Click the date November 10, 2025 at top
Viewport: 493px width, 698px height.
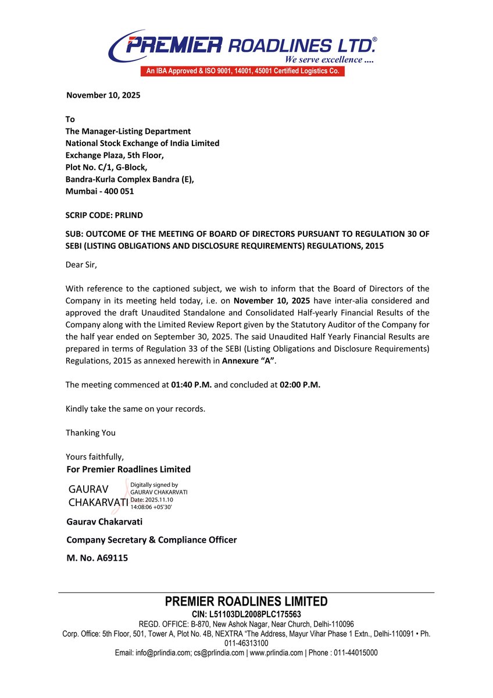pos(103,95)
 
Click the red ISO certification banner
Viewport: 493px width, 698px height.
pos(242,72)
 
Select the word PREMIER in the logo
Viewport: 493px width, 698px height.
pos(174,44)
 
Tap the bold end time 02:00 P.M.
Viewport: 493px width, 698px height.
pos(300,384)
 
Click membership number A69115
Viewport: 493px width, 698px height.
pos(97,558)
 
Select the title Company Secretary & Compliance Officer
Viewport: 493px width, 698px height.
pos(151,540)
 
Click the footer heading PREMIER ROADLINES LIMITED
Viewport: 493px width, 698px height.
pos(246,601)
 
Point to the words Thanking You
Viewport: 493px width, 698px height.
pos(90,433)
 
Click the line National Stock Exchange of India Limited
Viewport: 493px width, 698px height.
pos(142,143)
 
